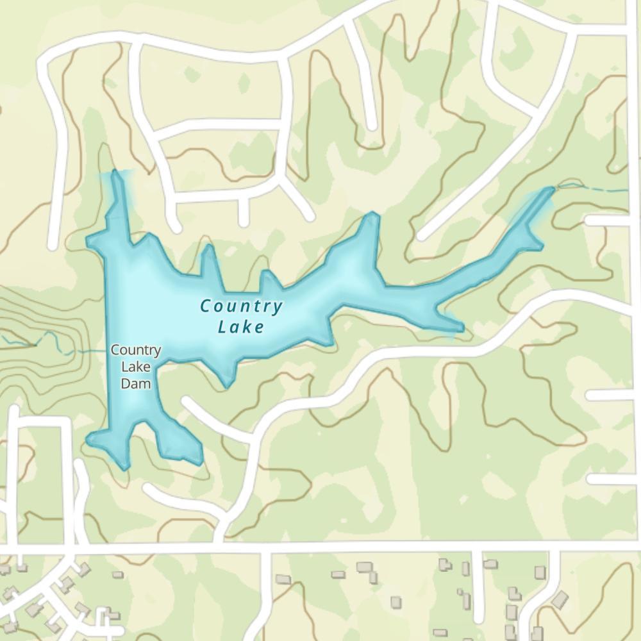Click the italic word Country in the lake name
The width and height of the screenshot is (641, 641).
point(241,306)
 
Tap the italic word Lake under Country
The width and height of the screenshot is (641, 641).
point(241,327)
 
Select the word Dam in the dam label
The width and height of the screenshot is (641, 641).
point(136,383)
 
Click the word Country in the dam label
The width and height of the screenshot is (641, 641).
point(135,351)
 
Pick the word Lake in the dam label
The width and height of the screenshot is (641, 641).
point(136,367)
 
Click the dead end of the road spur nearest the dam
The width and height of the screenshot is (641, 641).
point(187,403)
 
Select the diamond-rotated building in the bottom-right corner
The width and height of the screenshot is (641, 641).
point(560,600)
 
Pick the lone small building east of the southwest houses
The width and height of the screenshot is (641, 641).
point(118,575)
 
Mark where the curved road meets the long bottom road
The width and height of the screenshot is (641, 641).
point(221,545)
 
